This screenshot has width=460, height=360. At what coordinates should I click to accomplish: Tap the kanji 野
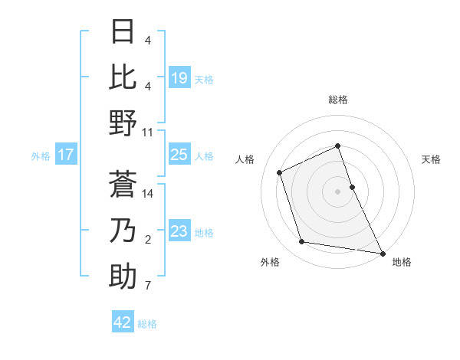[x=123, y=123]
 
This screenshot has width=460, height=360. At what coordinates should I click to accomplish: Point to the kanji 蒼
[x=123, y=184]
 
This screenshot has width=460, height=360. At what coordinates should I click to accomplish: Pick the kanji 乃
[x=123, y=230]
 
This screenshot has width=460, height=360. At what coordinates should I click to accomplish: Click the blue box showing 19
[x=179, y=77]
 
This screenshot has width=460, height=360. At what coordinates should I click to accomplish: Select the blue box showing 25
[x=179, y=155]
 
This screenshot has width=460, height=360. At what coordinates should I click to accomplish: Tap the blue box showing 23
[x=179, y=231]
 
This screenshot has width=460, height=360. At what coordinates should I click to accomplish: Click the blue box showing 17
[x=66, y=155]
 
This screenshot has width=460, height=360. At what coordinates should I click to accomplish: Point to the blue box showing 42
[x=123, y=322]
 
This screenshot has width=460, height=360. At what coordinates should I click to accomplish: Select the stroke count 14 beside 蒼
[x=148, y=194]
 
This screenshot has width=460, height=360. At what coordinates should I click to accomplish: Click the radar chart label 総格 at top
[x=338, y=100]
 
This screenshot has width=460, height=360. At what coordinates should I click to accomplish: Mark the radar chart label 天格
[x=431, y=159]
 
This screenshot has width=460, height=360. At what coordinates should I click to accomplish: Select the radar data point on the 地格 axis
[x=382, y=252]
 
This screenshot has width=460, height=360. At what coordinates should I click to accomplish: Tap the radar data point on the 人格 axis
[x=280, y=172]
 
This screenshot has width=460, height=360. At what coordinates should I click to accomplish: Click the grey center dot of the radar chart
[x=338, y=191]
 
